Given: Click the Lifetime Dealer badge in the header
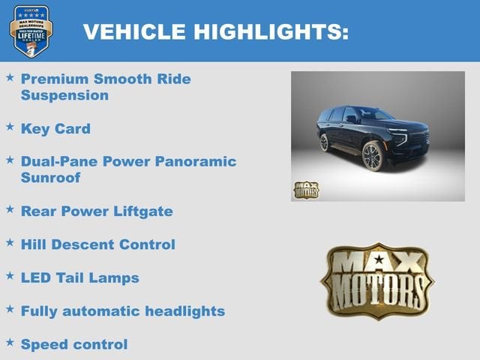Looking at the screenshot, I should coord(31,31).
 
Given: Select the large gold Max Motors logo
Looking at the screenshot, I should coord(377,280).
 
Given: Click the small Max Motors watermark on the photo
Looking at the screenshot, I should coord(306,189).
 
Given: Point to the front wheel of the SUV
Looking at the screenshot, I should coord(373,156).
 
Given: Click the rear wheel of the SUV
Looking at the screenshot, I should coord(324,142).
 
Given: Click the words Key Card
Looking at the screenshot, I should coord(55,129).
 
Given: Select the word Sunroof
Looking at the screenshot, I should coord(50,178).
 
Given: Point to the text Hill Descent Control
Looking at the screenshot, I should coord(97,244).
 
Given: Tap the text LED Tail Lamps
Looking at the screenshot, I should coord(79,278).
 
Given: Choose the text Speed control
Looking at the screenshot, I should coord(74,344).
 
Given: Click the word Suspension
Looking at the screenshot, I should coord(64,95).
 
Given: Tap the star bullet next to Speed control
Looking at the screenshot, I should coord(10,343).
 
